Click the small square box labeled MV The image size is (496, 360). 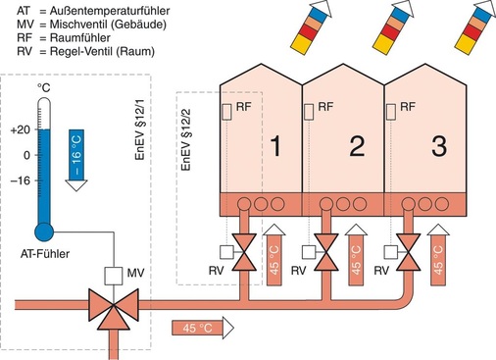[x=113, y=276]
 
